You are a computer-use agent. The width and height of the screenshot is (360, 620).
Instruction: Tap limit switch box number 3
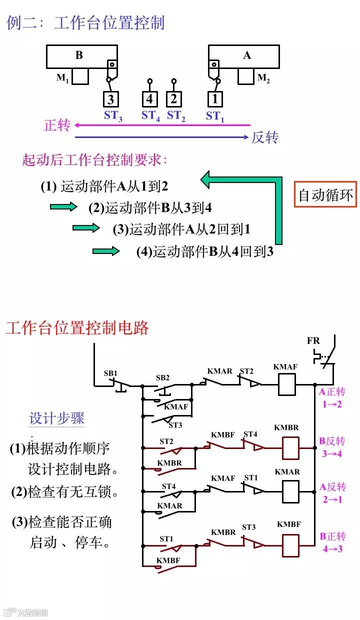pos(111,98)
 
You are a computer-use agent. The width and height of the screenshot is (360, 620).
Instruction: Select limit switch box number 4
pos(149,98)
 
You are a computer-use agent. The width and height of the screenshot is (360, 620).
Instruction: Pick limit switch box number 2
pos(173,98)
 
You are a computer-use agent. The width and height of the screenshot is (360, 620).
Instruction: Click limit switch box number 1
pos(215,98)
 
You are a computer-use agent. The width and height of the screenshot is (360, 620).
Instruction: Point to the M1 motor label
pos(62,78)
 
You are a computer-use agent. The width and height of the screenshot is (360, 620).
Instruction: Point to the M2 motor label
pos(263,78)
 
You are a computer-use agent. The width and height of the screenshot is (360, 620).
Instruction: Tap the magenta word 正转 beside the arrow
pos(57,125)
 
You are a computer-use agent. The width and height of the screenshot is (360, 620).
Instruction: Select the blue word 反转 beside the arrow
pos(265,137)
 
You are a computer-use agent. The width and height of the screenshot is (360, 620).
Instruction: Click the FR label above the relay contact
pos(313,341)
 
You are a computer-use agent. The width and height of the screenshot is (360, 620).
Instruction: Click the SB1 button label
pos(110,373)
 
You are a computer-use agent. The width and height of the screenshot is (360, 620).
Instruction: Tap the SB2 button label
pos(162,377)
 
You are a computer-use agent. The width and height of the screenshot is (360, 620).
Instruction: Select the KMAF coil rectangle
pos(285,385)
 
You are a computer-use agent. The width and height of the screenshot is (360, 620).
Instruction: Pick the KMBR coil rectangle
pos(290,448)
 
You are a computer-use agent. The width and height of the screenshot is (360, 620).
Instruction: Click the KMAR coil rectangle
pos(290,491)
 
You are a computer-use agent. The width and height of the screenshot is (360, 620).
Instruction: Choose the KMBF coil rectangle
pos(290,545)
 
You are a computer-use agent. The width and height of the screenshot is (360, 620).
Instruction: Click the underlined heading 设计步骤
pos(57,418)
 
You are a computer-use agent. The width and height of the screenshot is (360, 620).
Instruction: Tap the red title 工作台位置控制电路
pos(77,328)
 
